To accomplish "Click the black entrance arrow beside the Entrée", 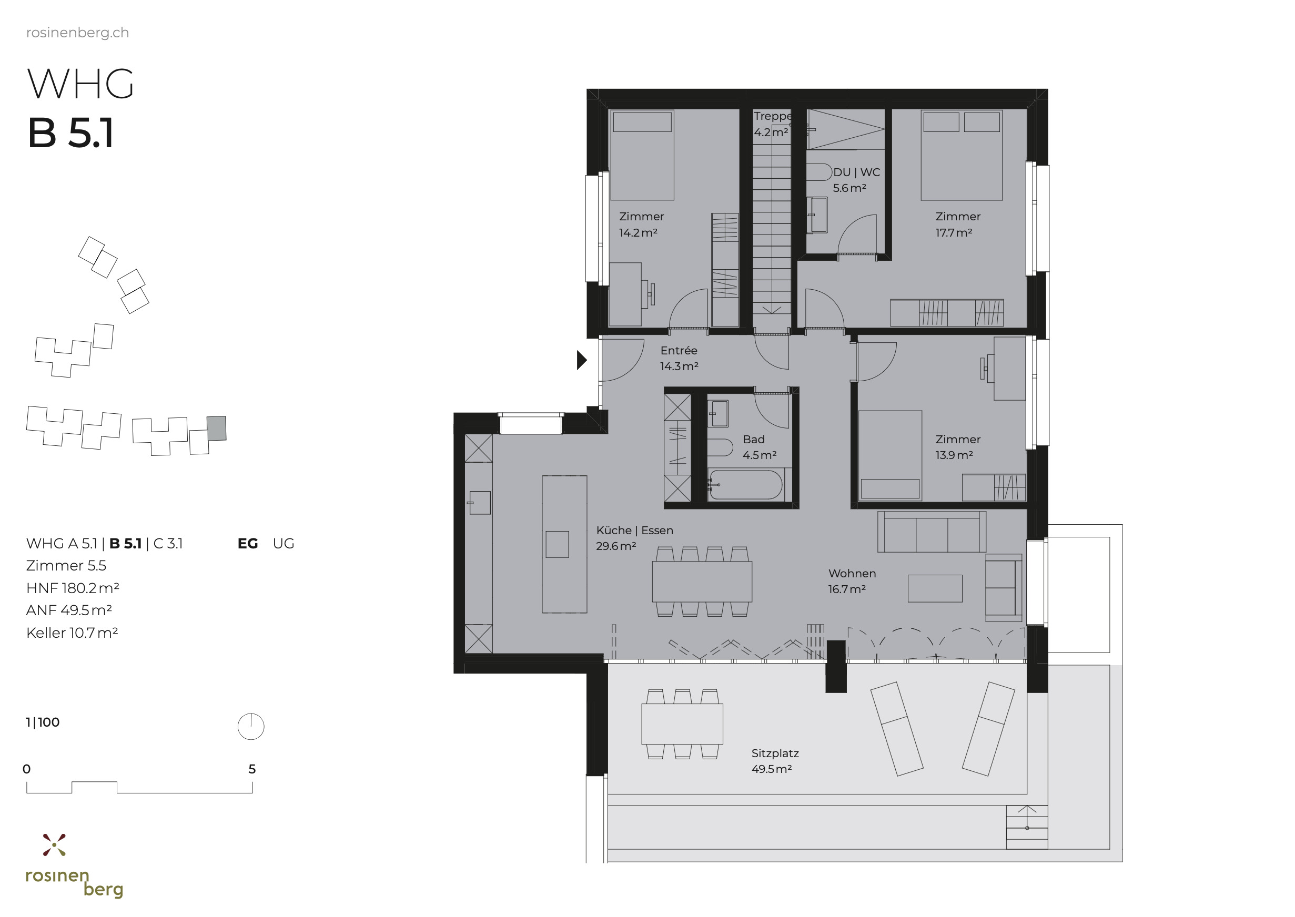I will [581, 360].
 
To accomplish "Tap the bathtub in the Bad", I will [745, 485].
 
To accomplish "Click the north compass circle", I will [251, 726].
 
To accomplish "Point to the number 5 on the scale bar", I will [252, 769].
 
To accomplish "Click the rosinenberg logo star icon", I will [54, 845].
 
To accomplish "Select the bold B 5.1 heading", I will [70, 133].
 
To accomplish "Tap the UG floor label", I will [283, 543].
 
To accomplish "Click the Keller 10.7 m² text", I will [72, 633].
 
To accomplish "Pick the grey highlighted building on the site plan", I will [216, 428].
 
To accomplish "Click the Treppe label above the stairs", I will [772, 116].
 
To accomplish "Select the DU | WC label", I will [856, 172].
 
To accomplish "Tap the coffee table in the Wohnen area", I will [935, 588].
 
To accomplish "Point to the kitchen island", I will [564, 544].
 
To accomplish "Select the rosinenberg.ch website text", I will [77, 33].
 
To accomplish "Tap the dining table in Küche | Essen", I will [702, 581].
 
